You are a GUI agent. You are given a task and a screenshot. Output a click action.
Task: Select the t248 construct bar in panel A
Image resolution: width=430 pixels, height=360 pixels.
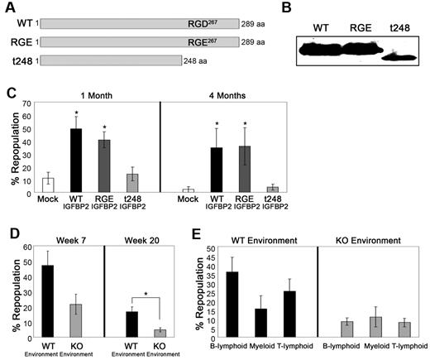point(111,60)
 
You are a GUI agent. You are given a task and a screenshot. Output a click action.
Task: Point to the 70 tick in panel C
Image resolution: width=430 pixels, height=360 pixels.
point(27,105)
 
